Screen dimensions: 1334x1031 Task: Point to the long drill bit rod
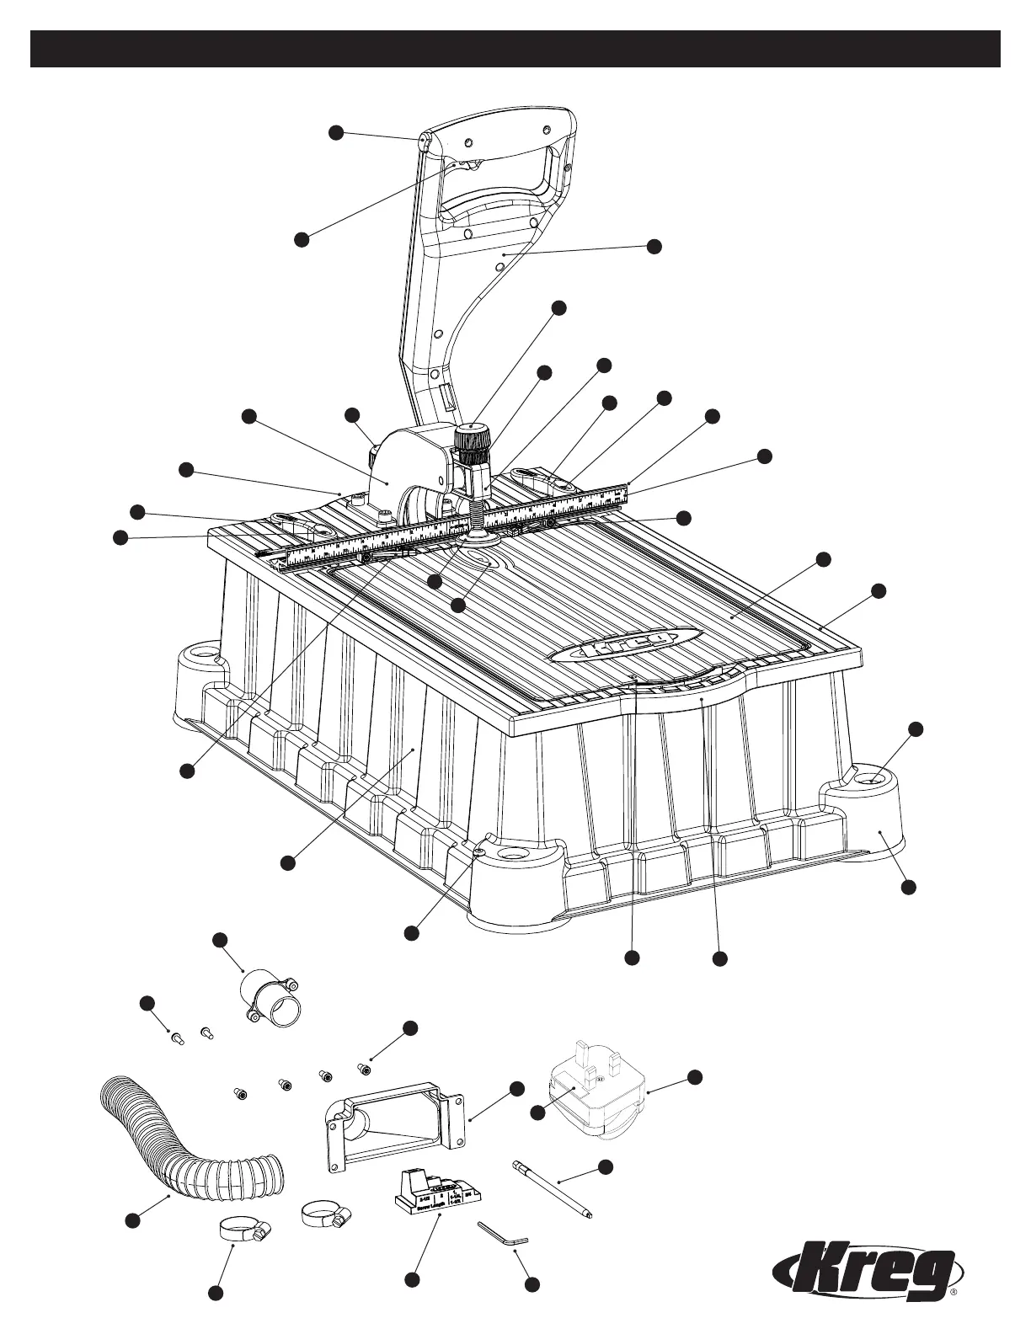pos(552,1187)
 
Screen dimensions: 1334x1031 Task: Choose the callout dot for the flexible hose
pos(131,1220)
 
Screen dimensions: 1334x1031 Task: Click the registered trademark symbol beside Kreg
pos(954,1313)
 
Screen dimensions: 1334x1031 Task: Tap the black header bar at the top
pos(515,49)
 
